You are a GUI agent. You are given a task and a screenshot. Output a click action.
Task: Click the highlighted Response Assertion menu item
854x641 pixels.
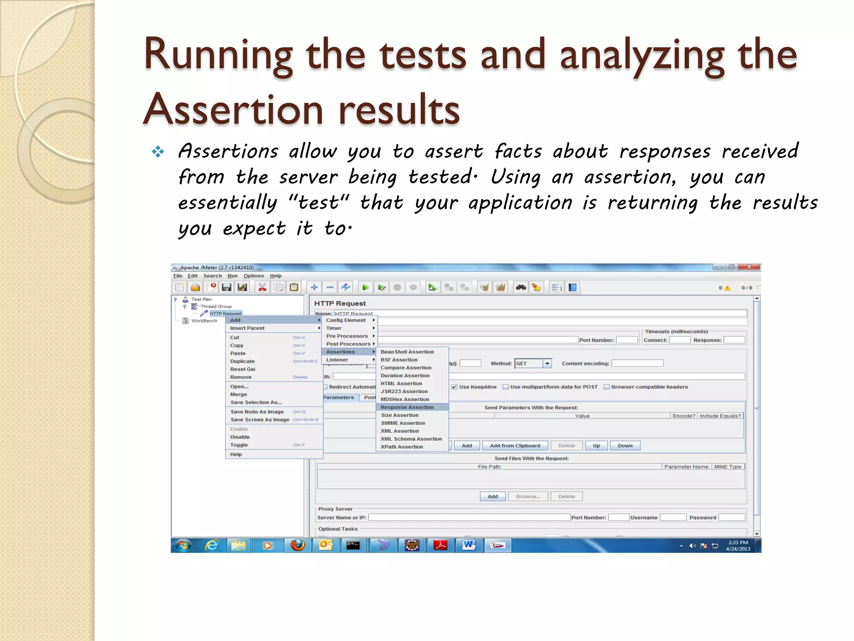click(407, 407)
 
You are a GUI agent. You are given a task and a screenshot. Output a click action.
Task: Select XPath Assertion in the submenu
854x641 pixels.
click(402, 447)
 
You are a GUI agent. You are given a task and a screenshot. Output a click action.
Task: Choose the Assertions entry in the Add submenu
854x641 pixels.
click(341, 352)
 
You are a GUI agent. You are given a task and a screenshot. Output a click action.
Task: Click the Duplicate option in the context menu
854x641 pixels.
click(242, 361)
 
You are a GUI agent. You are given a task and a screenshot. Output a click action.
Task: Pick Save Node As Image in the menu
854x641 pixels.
click(257, 412)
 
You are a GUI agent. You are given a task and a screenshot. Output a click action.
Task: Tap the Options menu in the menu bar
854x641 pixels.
click(254, 276)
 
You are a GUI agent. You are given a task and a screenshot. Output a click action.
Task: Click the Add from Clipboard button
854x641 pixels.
click(515, 446)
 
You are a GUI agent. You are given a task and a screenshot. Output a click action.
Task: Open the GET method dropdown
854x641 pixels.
click(547, 363)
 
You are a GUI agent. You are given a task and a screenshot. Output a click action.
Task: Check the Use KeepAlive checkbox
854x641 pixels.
click(455, 387)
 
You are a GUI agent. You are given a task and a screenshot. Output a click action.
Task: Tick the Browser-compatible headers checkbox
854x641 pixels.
click(607, 387)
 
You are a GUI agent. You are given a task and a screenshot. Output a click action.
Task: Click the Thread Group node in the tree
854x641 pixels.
click(216, 306)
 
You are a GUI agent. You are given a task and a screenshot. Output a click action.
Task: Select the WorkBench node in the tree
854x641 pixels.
click(204, 321)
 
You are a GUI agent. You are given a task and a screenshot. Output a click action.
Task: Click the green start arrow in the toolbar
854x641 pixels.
click(365, 288)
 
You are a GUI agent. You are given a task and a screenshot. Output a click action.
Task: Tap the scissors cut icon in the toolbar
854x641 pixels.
click(262, 288)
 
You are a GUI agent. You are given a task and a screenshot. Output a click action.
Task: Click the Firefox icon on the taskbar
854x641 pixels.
click(298, 545)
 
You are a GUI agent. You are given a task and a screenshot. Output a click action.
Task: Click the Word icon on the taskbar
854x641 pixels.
click(469, 545)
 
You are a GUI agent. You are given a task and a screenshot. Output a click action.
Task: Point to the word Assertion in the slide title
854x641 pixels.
click(234, 110)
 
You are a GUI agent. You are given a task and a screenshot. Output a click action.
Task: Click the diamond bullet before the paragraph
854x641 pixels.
click(158, 151)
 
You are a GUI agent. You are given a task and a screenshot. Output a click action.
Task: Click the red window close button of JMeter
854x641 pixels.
click(749, 267)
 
